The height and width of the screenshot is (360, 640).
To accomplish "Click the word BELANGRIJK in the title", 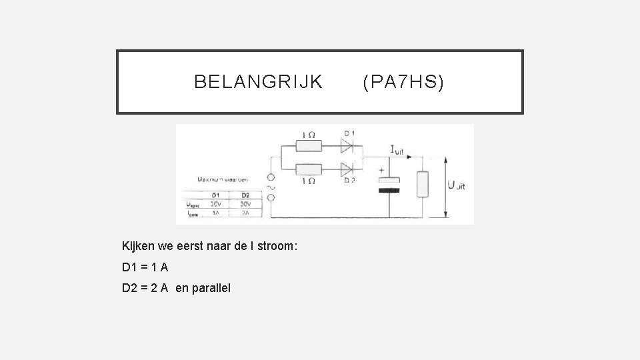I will (258, 82).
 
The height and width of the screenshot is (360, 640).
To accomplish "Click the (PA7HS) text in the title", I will (403, 82).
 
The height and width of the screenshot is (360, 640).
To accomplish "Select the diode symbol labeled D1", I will (347, 144).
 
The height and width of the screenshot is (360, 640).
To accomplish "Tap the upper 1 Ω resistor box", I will (309, 145).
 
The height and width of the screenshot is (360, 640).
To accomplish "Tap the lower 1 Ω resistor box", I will (309, 168).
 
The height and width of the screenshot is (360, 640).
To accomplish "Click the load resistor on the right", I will (421, 184).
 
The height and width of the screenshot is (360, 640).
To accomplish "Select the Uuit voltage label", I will (459, 186).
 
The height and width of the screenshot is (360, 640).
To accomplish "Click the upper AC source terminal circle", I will (271, 178).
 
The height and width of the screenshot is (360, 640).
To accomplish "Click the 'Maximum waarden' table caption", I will (223, 179).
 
